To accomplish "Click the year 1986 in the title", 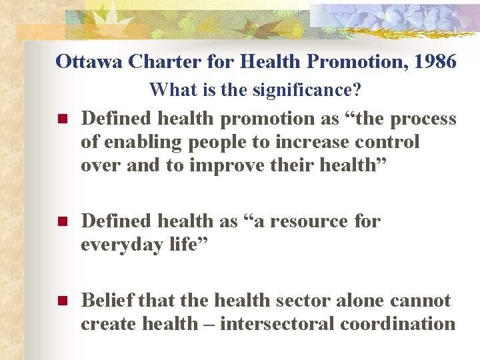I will (x=434, y=62).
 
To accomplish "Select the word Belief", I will (x=107, y=301).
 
